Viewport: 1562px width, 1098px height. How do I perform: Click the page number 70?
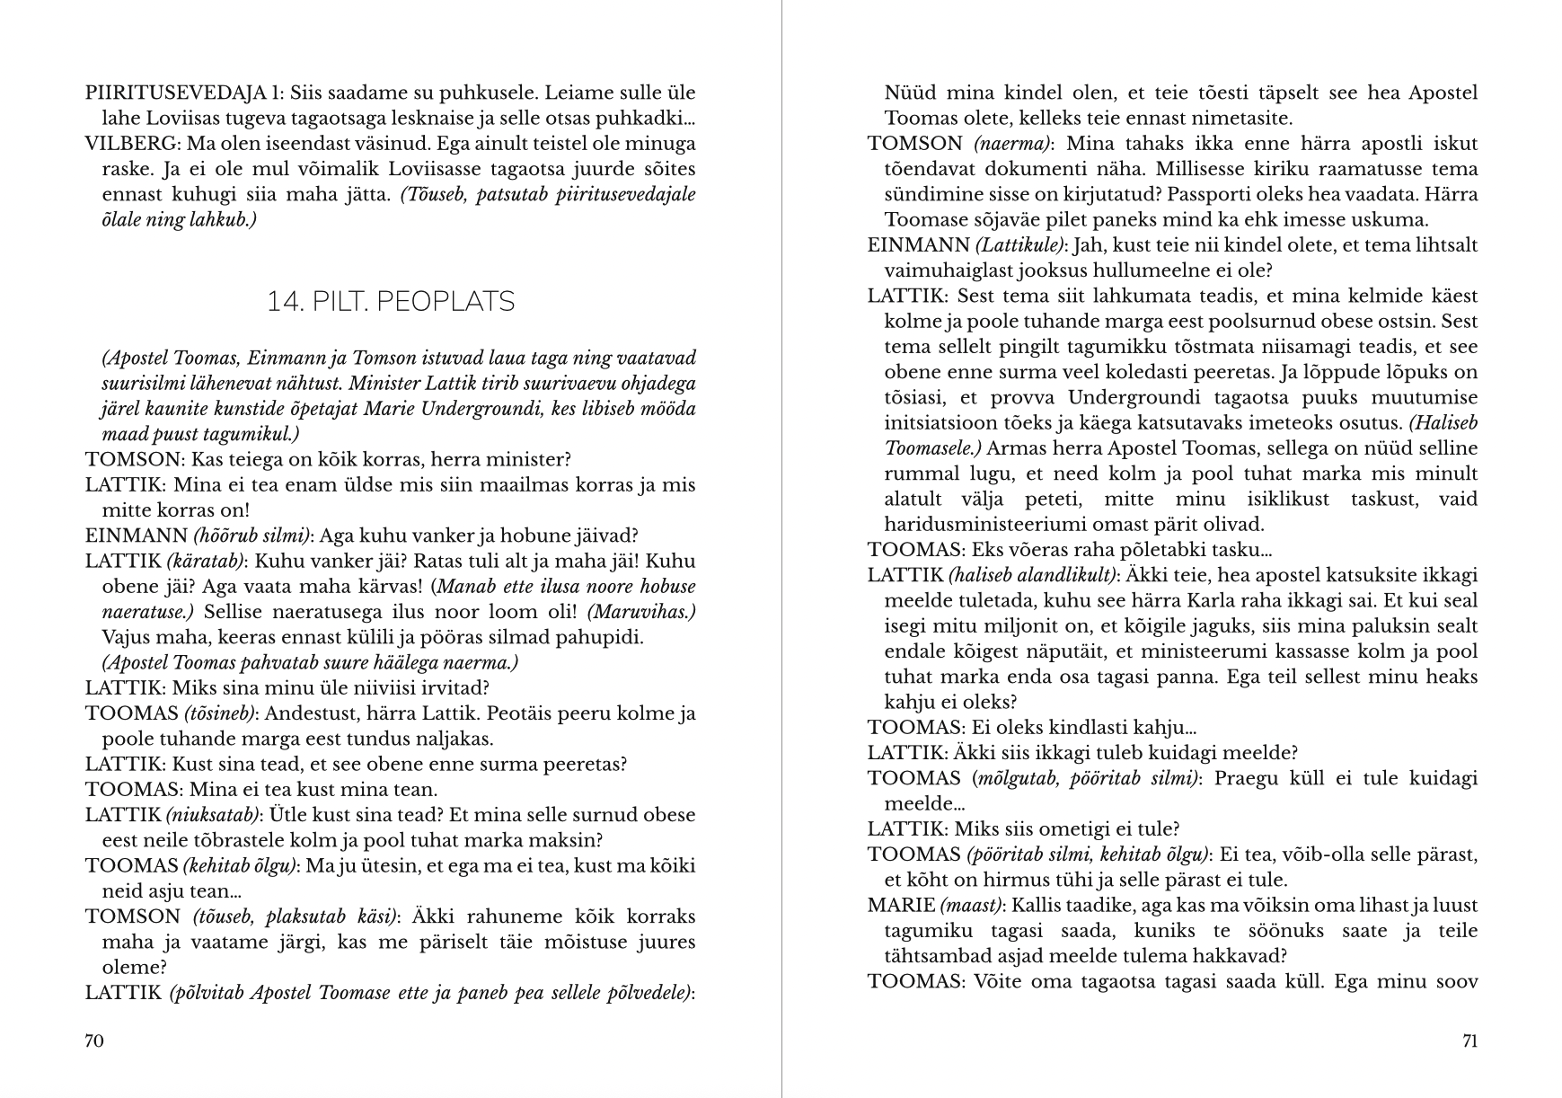[94, 1040]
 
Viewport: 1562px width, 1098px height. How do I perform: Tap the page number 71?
[1469, 1040]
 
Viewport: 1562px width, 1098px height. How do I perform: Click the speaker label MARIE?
[901, 905]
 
